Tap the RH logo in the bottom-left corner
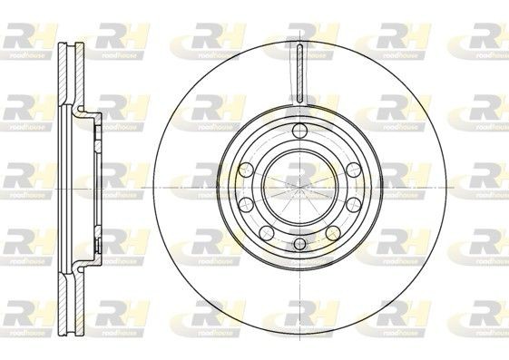pyautogui.click(x=27, y=312)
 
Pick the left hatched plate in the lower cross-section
pyautogui.click(x=61, y=295)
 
